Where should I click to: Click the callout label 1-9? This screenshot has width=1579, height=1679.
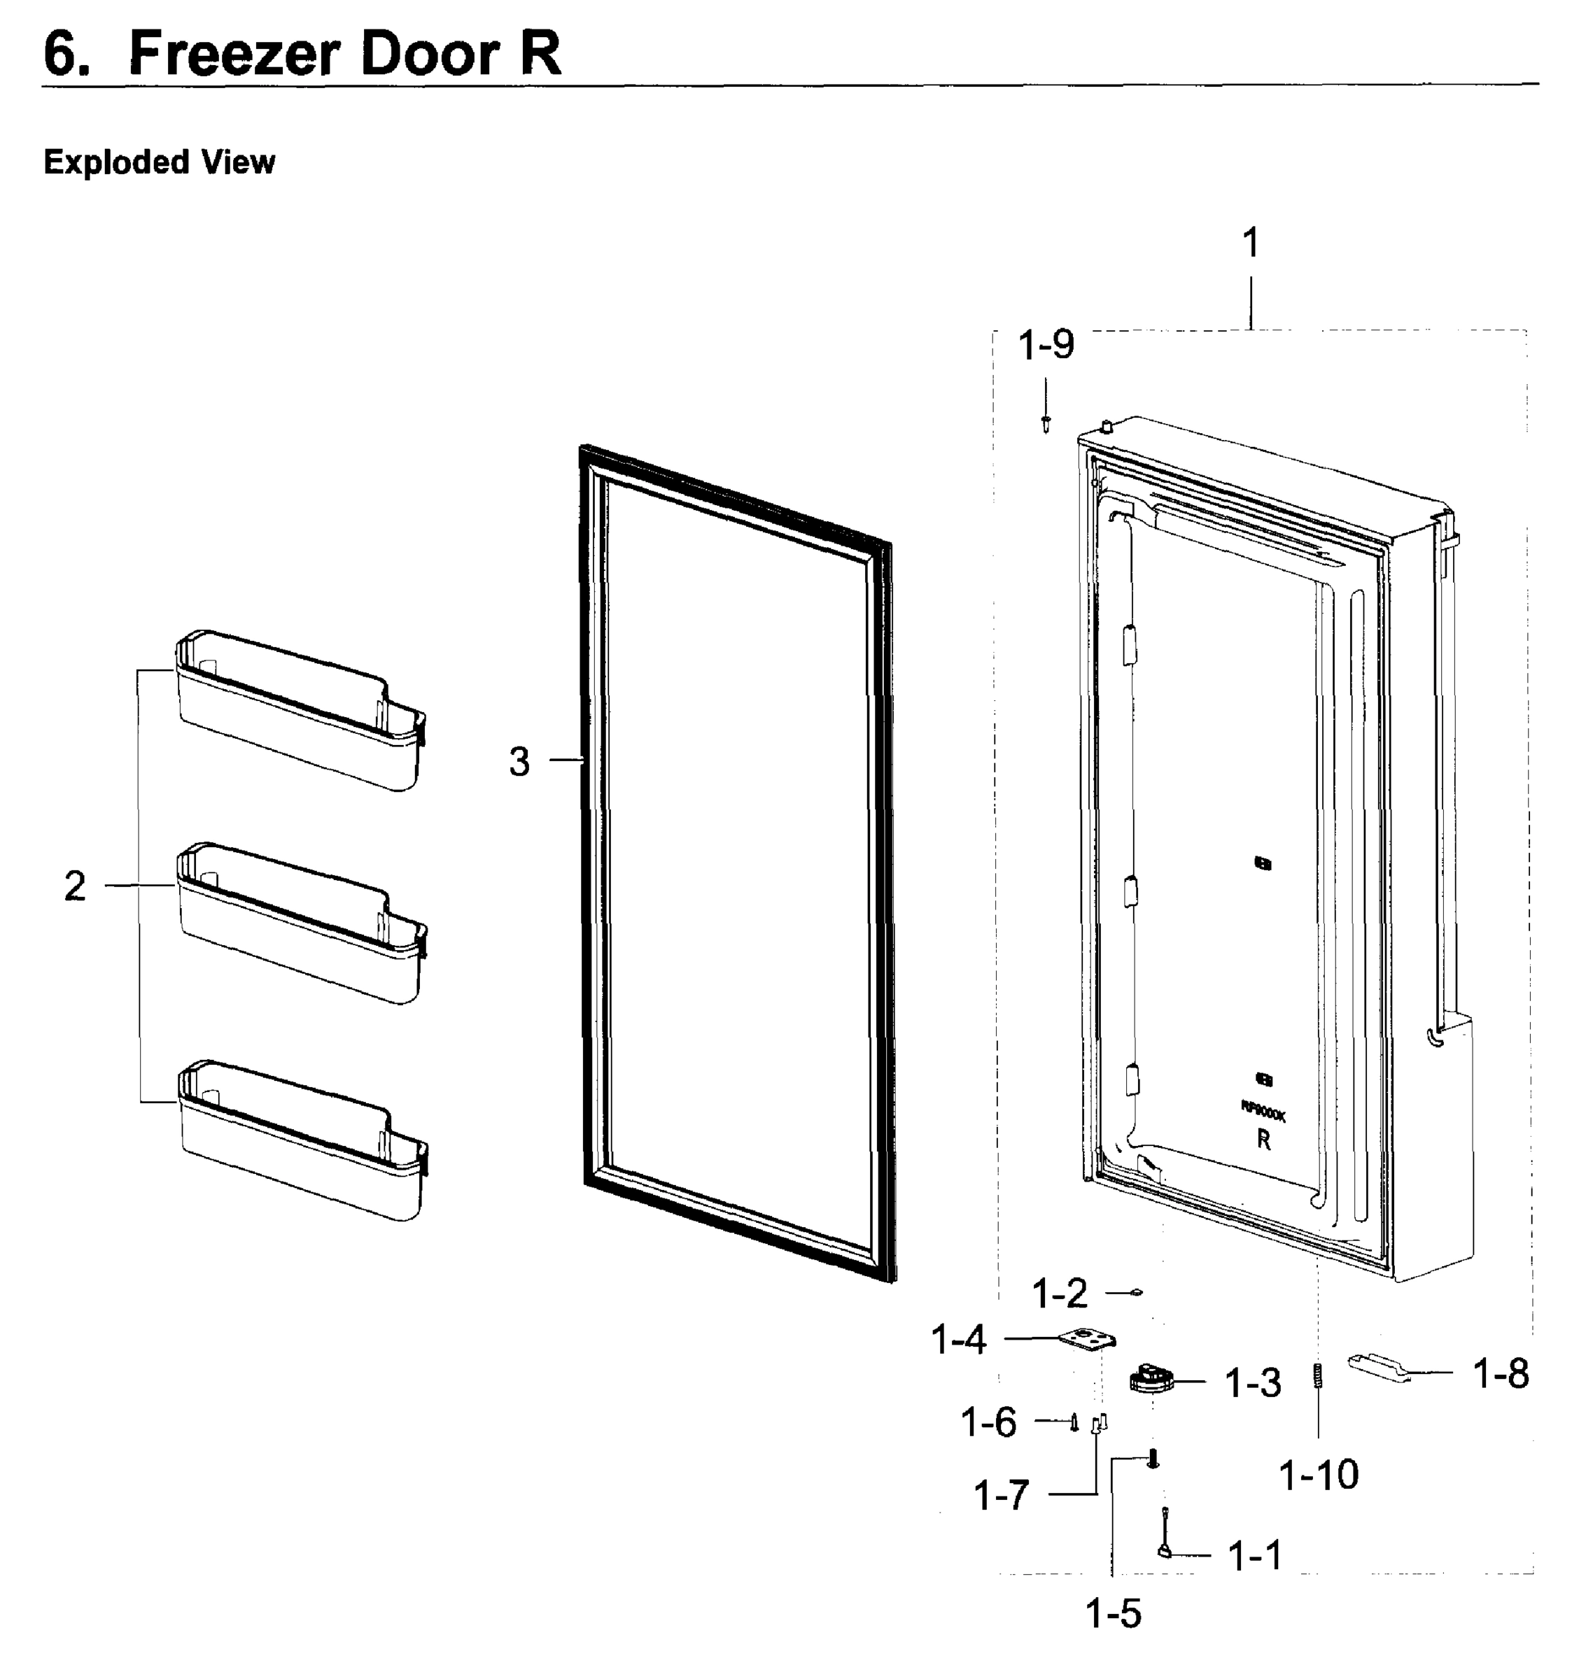(x=1046, y=346)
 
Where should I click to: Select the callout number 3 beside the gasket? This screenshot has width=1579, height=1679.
(x=519, y=762)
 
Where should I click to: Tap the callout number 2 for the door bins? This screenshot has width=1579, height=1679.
(x=75, y=886)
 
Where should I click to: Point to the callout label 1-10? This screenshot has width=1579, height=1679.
(x=1318, y=1475)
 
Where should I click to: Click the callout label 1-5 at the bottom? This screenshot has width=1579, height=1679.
(x=1113, y=1614)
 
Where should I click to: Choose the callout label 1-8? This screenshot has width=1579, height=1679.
(x=1501, y=1374)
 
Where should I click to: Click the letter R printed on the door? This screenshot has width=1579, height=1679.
(x=1264, y=1140)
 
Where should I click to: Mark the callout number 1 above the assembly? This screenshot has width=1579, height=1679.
(x=1251, y=243)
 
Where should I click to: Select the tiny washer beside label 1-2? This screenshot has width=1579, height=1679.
(x=1137, y=1292)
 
